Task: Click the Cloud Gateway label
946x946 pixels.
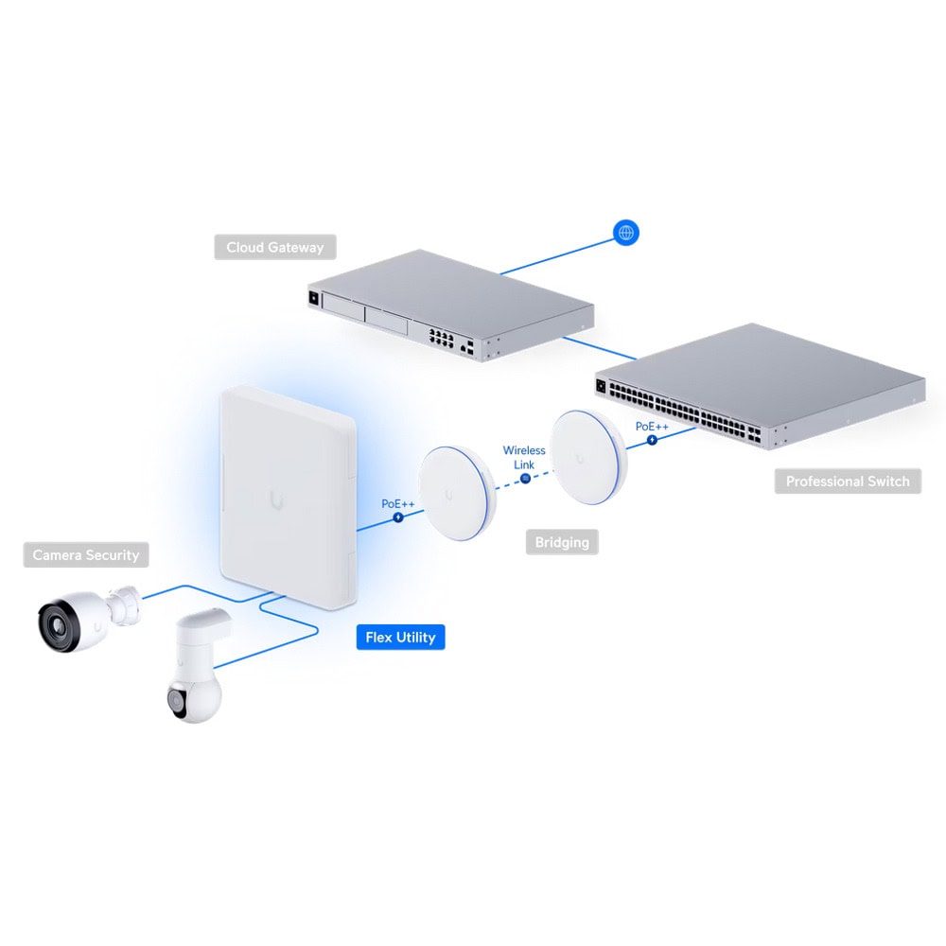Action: pyautogui.click(x=275, y=247)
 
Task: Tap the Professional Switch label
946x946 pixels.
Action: pyautogui.click(x=848, y=482)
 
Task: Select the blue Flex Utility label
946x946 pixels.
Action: pyautogui.click(x=400, y=637)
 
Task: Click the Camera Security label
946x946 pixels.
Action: pyautogui.click(x=86, y=555)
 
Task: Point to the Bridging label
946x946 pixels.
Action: pyautogui.click(x=562, y=542)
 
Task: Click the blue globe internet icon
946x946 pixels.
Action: pyautogui.click(x=626, y=233)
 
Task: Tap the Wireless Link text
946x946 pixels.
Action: pyautogui.click(x=524, y=457)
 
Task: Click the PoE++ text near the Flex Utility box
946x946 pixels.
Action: pyautogui.click(x=397, y=504)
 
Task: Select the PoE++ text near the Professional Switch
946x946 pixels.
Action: pyautogui.click(x=652, y=427)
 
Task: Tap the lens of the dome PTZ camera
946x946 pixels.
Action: pyautogui.click(x=175, y=701)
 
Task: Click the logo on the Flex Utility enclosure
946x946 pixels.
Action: pyautogui.click(x=277, y=500)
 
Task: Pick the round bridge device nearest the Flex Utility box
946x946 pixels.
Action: pyautogui.click(x=457, y=494)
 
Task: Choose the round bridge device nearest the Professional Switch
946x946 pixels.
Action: pyautogui.click(x=588, y=457)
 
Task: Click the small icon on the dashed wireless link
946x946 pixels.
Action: pyautogui.click(x=525, y=479)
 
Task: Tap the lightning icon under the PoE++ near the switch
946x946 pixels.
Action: pyautogui.click(x=652, y=440)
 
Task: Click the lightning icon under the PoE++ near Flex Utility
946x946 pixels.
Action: pyautogui.click(x=398, y=517)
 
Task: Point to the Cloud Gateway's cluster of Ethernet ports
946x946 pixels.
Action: pyautogui.click(x=441, y=338)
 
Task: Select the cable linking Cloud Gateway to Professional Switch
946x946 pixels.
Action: pyautogui.click(x=599, y=348)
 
